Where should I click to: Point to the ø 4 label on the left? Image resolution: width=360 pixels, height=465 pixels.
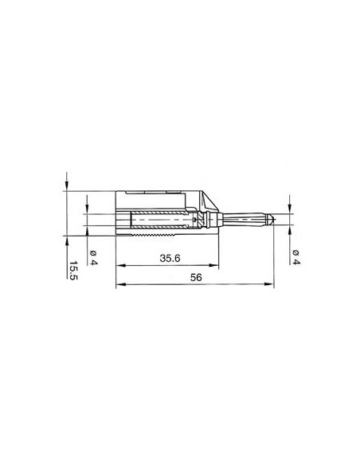(x=93, y=256)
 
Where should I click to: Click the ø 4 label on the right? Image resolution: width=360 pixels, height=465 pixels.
(x=295, y=256)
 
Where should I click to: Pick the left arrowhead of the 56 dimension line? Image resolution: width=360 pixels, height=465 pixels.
(x=119, y=285)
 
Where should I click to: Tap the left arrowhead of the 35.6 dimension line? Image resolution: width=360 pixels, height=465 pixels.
(x=119, y=265)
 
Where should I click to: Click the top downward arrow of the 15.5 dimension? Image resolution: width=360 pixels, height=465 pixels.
(x=68, y=185)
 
